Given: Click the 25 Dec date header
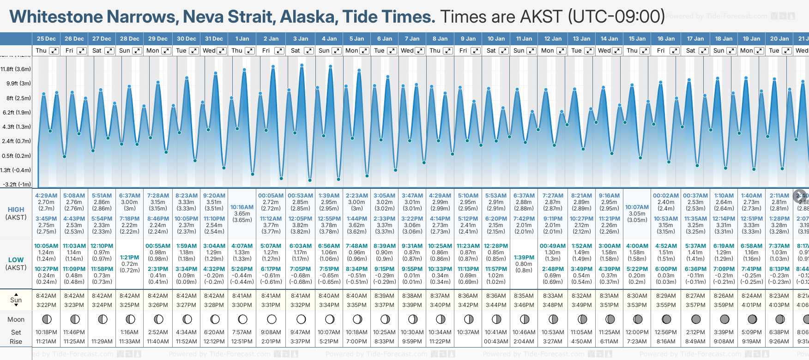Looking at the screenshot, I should [46, 39].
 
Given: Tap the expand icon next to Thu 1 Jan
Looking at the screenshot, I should [249, 51].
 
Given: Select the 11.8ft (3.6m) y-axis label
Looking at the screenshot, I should [16, 69].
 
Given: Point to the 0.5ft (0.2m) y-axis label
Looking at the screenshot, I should [16, 156].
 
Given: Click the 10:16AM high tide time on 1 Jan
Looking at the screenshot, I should [242, 207].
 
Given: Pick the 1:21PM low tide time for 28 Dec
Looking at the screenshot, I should [129, 258].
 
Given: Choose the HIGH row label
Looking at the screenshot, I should [16, 210].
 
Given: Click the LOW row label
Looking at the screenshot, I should [16, 260].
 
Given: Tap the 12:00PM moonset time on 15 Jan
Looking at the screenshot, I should [637, 332].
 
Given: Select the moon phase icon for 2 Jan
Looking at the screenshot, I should [272, 319].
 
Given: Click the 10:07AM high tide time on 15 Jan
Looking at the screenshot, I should [637, 207].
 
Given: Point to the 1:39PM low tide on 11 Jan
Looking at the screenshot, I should [524, 258].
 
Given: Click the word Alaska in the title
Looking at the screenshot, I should [308, 17].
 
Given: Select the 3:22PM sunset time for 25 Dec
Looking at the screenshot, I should [46, 305].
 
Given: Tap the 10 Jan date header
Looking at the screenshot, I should [496, 39].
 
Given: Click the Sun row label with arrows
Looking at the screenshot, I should [16, 300].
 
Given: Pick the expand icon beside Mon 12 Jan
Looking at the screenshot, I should [561, 51].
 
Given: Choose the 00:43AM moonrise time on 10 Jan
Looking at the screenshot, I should [496, 342].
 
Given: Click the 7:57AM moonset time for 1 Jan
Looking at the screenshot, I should [242, 332].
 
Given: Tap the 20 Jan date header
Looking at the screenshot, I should [779, 39].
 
